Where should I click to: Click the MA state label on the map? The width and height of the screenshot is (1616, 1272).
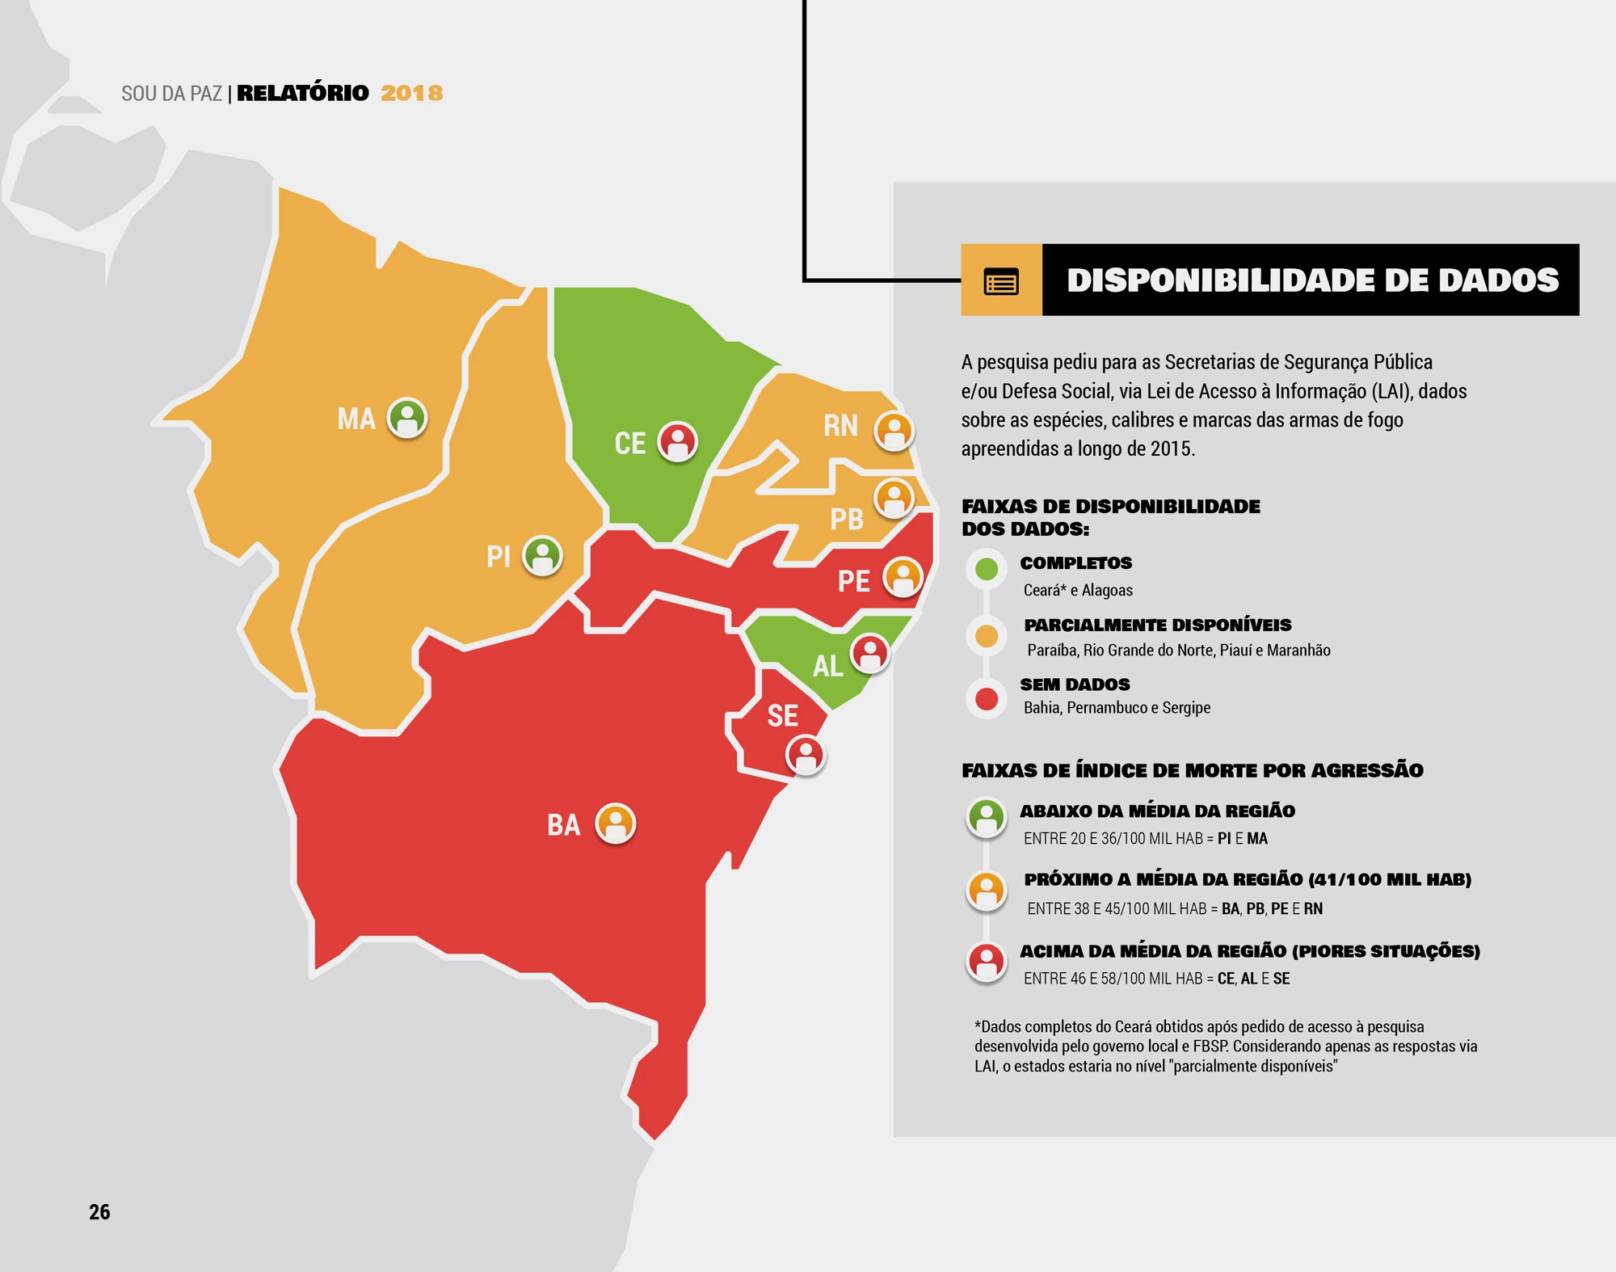(x=356, y=419)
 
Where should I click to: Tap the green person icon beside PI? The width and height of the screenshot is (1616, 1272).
(x=542, y=556)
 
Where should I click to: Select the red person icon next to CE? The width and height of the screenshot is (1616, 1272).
(x=677, y=442)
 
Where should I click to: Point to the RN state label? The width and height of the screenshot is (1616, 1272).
(x=840, y=426)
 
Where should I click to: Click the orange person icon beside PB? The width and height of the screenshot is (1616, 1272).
(x=894, y=498)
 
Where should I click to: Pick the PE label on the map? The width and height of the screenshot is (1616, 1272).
(x=853, y=581)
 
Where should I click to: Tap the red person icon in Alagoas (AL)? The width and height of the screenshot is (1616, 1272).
(x=869, y=654)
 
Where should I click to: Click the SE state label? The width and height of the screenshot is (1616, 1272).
(x=782, y=716)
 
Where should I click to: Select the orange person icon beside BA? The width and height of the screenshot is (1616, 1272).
(x=616, y=823)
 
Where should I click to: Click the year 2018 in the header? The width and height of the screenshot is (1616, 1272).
(x=412, y=93)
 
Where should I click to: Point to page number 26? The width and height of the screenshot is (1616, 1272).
(x=99, y=1211)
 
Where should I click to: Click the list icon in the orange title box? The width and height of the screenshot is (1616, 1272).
(x=1001, y=281)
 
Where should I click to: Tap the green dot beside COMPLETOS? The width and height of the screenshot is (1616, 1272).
(x=987, y=569)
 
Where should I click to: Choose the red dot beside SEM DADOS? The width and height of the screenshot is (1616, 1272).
(x=987, y=699)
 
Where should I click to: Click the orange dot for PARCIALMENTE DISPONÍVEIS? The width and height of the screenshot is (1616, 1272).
(x=987, y=636)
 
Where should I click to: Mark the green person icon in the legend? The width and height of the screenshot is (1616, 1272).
(x=987, y=817)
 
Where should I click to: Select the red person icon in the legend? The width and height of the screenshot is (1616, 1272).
(x=987, y=961)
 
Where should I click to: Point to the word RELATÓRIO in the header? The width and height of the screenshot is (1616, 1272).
(x=303, y=93)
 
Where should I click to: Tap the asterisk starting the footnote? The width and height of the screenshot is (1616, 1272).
(x=978, y=1025)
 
